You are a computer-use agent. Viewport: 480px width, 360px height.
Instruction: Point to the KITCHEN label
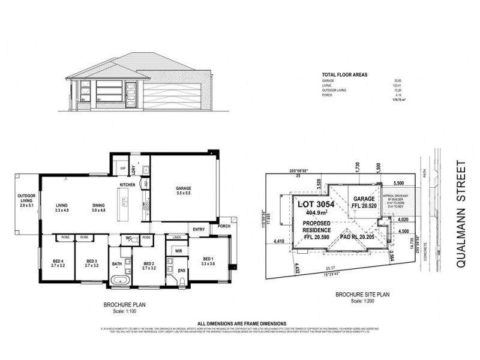pyautogui.click(x=127, y=184)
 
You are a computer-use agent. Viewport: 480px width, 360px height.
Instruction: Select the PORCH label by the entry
pyautogui.click(x=224, y=227)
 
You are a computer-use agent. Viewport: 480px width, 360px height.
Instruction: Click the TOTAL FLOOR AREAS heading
pyautogui.click(x=345, y=74)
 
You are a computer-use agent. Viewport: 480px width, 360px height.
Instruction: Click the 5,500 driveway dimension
pyautogui.click(x=400, y=182)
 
